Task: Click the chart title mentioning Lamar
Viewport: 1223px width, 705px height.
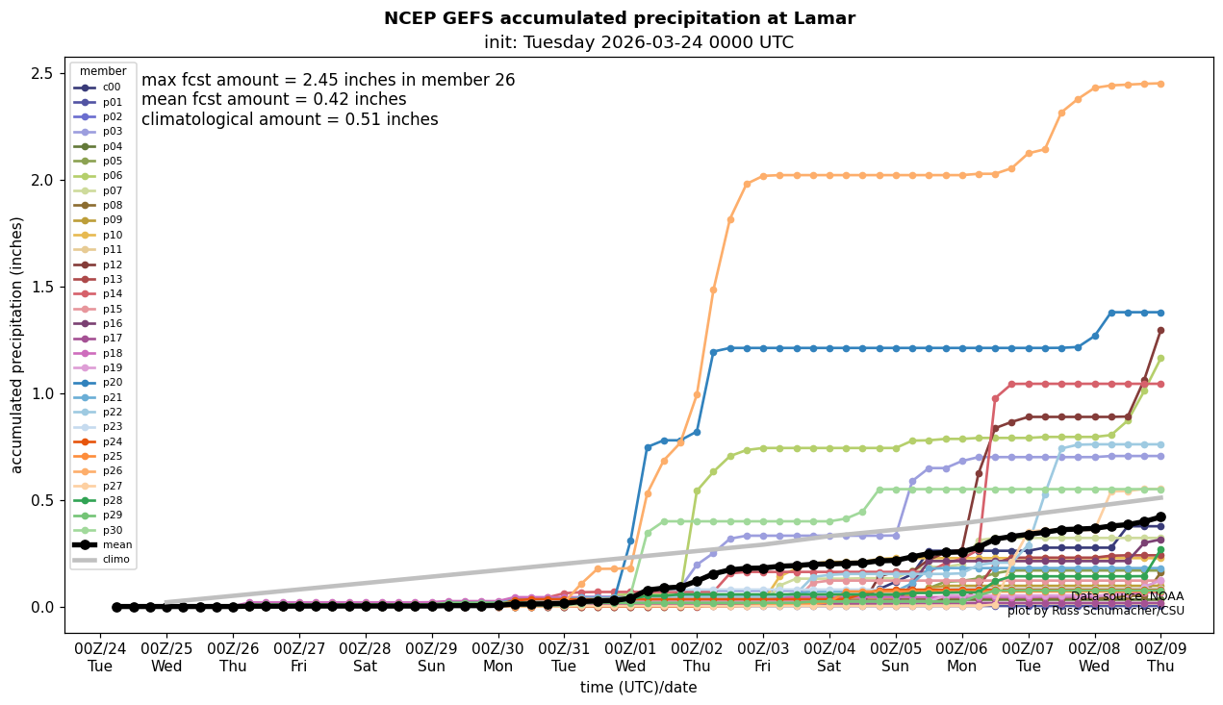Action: coord(619,18)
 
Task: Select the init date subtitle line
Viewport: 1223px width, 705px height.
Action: coord(638,42)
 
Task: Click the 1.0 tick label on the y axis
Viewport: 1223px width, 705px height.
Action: coord(44,394)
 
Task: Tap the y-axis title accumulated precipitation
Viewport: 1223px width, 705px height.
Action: coord(16,344)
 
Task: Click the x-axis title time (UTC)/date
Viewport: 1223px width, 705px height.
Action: coord(638,688)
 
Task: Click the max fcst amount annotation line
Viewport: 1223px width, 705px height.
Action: coord(328,81)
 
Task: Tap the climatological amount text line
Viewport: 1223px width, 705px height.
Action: coord(290,120)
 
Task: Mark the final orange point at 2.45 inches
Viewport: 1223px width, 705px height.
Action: coord(1160,84)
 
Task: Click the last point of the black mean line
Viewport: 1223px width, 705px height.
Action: coord(1160,516)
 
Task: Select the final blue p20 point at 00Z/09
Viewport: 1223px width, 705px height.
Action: coord(1160,313)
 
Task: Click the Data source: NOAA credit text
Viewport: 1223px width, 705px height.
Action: coord(1127,596)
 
